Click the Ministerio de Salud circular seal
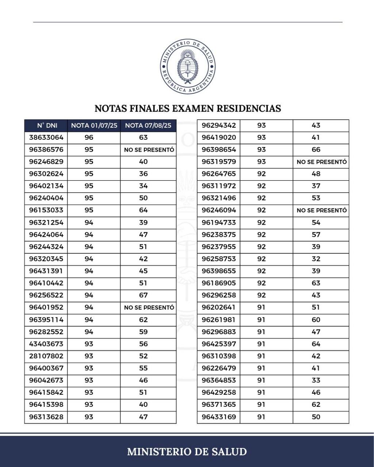[187, 66]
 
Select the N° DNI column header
[47, 126]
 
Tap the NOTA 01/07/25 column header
[94, 126]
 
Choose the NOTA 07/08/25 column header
[148, 126]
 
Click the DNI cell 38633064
[46, 138]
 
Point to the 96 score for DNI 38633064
[89, 138]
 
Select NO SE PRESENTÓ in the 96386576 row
[149, 150]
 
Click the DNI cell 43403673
[46, 344]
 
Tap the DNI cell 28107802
[46, 356]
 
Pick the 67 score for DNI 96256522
[143, 295]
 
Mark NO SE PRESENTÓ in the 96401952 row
[149, 308]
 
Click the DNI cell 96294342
[219, 126]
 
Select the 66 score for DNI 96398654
[316, 150]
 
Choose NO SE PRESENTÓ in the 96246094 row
[321, 211]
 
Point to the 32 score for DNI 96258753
[316, 259]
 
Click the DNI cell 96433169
[219, 417]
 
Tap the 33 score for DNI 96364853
[316, 380]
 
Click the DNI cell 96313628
[46, 417]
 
